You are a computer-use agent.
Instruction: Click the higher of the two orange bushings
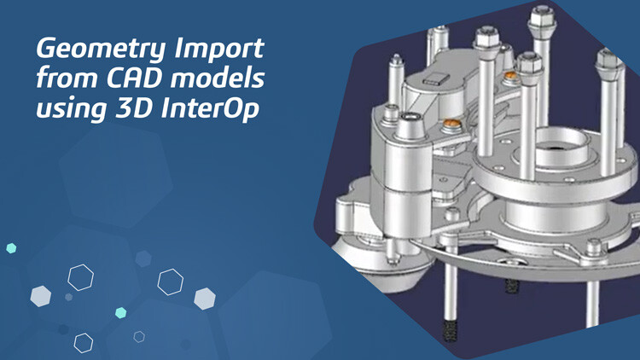pos(510,77)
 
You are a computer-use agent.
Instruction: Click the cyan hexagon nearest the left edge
pos(11,248)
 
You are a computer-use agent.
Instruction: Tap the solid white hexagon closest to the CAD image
pos(204,298)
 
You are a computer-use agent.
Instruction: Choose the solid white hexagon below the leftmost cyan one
pos(41,295)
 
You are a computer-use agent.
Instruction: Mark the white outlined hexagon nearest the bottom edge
pos(83,342)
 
